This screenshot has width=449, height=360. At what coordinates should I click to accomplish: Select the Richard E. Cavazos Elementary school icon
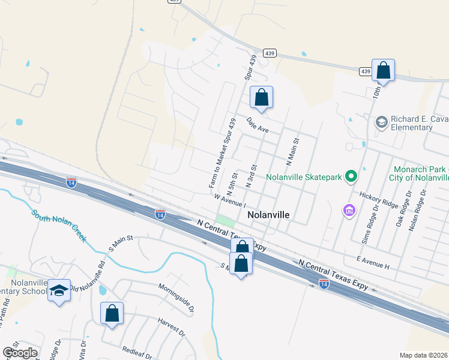[381, 122]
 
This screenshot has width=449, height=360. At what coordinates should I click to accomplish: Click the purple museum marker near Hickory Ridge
[349, 211]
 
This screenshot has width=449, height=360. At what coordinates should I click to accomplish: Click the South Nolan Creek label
[59, 225]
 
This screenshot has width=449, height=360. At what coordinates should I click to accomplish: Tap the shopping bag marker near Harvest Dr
[112, 313]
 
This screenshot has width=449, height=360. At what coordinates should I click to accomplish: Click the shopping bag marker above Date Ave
[261, 97]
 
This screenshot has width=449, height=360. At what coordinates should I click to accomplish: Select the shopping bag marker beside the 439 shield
[383, 70]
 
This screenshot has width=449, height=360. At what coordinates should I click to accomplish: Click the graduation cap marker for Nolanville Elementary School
[59, 290]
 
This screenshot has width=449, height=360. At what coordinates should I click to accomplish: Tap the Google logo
[20, 353]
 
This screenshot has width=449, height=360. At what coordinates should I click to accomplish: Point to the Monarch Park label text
[421, 170]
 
